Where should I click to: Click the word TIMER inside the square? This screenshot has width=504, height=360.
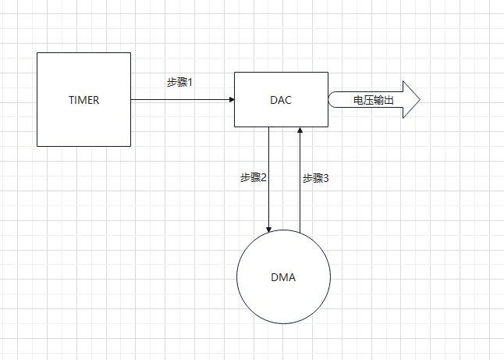(x=83, y=100)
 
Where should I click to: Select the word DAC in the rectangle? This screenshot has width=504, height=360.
(x=281, y=100)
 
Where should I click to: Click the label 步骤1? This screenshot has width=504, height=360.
(x=179, y=82)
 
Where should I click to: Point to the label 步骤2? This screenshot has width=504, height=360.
(x=254, y=178)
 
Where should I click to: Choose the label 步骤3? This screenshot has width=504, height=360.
(x=316, y=178)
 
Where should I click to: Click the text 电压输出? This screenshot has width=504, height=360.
(x=374, y=101)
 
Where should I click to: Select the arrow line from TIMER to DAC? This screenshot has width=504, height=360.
(x=179, y=100)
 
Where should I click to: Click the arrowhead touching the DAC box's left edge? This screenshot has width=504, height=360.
(x=231, y=100)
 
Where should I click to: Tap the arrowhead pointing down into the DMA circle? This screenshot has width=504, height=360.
(x=268, y=230)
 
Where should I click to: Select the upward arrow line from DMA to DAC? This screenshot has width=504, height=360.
(x=300, y=195)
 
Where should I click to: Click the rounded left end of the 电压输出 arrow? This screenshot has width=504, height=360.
(x=331, y=100)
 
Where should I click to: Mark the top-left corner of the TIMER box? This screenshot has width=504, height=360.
(x=37, y=53)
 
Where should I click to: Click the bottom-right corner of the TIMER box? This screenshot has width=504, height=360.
(x=130, y=146)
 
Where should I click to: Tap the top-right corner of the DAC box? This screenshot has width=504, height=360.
(x=328, y=73)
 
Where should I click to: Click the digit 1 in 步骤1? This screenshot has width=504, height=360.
(x=190, y=82)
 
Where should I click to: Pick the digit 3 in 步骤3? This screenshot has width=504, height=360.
(x=326, y=178)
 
